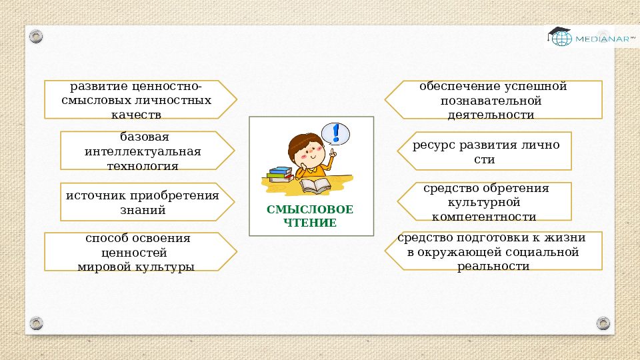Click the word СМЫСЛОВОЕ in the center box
click(x=310, y=209)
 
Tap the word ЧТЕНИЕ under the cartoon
click(x=310, y=223)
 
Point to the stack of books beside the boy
click(x=280, y=175)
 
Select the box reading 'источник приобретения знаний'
click(x=142, y=202)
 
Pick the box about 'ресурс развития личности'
click(x=485, y=151)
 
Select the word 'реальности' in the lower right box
click(x=493, y=266)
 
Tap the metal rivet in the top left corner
click(x=37, y=35)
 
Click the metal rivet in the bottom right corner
click(x=603, y=323)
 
